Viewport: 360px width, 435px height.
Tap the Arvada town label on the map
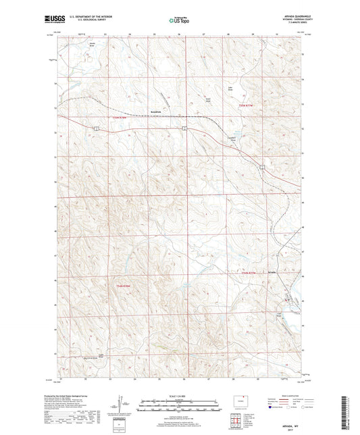tap(272, 272)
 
